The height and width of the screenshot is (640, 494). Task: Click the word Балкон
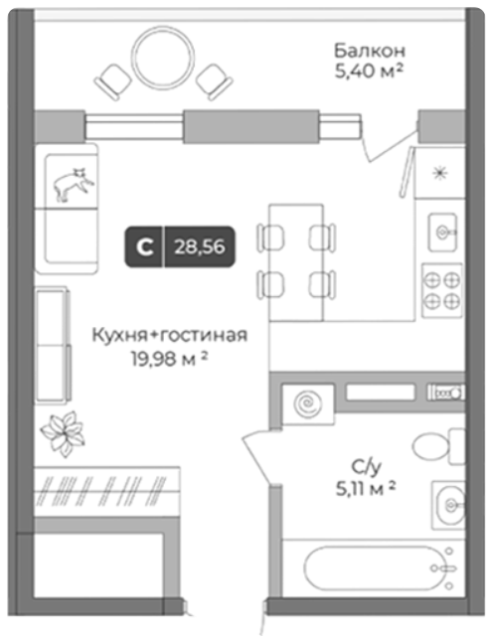(x=370, y=51)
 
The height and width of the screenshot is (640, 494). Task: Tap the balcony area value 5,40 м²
(x=369, y=71)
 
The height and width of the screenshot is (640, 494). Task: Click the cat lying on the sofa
(x=74, y=184)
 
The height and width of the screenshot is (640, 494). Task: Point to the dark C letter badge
(x=144, y=246)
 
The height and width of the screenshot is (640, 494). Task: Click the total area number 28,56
(x=200, y=246)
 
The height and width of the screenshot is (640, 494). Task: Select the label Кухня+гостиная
(x=169, y=335)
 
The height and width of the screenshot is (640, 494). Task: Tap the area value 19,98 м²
(x=169, y=359)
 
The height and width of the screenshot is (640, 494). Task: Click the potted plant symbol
(x=63, y=433)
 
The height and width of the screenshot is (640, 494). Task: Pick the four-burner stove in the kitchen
(x=442, y=290)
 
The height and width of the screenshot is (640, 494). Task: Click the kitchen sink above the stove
(x=442, y=233)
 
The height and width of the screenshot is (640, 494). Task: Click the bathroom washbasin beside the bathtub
(x=448, y=505)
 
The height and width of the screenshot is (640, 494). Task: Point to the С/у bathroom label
(x=366, y=467)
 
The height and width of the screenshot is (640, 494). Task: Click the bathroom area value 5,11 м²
(x=366, y=488)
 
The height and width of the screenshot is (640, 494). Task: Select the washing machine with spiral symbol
(x=308, y=404)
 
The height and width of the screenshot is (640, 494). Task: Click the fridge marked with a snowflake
(x=440, y=173)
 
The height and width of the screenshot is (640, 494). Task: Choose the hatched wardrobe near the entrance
(x=107, y=491)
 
